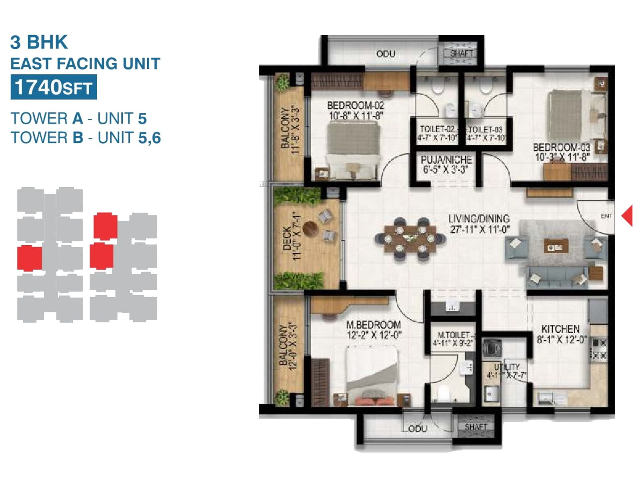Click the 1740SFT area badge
(x=54, y=87)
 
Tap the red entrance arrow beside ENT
(x=628, y=215)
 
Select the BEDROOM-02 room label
(x=355, y=106)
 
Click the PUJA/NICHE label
(x=446, y=160)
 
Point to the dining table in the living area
(x=410, y=239)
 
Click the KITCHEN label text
(x=560, y=329)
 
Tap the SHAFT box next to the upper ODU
(x=462, y=53)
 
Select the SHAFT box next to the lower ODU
(x=476, y=427)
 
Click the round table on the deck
(x=310, y=229)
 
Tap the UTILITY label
(x=506, y=366)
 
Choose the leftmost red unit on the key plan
(x=30, y=258)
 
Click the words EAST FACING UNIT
(x=85, y=64)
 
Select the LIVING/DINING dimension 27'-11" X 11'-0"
(x=478, y=230)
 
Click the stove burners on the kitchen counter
(x=599, y=349)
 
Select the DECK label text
(x=287, y=239)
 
